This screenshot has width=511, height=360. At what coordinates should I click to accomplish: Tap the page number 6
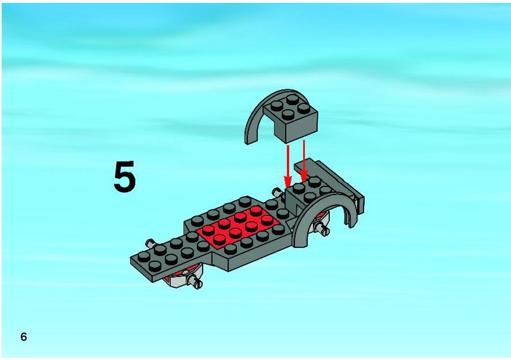coord(23,337)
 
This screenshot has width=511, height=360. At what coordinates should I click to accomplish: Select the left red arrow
coord(288,166)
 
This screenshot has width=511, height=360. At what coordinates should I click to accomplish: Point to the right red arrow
coord(304,161)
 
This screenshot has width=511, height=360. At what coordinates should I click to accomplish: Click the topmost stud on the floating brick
coord(292,100)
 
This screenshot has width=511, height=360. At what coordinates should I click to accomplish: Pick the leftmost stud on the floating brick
coord(276,105)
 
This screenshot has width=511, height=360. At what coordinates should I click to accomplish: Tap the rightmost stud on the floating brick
coord(304,109)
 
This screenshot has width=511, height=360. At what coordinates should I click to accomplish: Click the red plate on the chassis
coord(238,225)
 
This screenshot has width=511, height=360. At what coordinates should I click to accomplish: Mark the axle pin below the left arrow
coord(278,193)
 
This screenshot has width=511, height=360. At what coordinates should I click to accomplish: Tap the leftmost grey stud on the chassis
coord(144,257)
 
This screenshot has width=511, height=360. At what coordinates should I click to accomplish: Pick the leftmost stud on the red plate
coord(209,230)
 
